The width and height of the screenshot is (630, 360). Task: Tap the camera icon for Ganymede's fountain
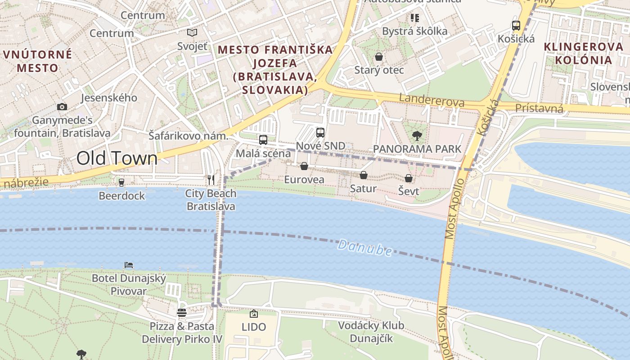(62, 107)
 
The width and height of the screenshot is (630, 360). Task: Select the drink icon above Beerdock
(121, 182)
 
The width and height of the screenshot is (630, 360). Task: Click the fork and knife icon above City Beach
(211, 180)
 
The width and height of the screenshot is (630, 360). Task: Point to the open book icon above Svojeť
(192, 32)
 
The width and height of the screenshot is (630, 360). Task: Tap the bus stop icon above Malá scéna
(263, 139)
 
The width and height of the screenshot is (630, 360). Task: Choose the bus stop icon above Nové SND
(320, 132)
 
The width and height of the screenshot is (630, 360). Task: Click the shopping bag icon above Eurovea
(304, 166)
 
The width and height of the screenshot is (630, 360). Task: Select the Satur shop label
(363, 189)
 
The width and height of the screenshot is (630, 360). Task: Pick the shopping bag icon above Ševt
(409, 178)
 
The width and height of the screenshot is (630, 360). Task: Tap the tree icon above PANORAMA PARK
(417, 135)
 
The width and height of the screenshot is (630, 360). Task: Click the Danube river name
(364, 247)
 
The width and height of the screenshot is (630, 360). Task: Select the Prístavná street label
(539, 108)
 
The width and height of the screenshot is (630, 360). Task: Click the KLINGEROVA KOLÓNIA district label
(577, 53)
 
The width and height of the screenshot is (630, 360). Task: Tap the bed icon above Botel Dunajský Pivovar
(129, 265)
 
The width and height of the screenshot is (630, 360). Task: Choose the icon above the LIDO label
(254, 313)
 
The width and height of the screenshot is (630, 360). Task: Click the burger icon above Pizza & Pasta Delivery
(182, 312)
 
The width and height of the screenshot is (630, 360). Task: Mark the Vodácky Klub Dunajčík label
(371, 332)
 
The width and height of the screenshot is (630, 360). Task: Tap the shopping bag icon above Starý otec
(379, 57)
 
